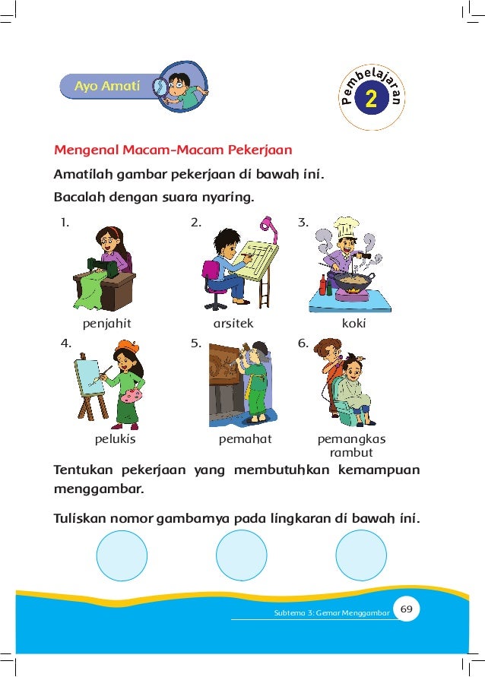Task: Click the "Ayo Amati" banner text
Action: [107, 87]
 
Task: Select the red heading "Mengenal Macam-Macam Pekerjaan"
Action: [173, 149]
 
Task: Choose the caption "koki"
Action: [353, 323]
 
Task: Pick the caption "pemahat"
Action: [245, 439]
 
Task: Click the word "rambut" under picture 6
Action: [351, 453]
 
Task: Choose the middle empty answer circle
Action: [242, 555]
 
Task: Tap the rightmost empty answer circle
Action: [360, 555]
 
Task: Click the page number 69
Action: [406, 609]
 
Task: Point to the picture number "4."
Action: [66, 343]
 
